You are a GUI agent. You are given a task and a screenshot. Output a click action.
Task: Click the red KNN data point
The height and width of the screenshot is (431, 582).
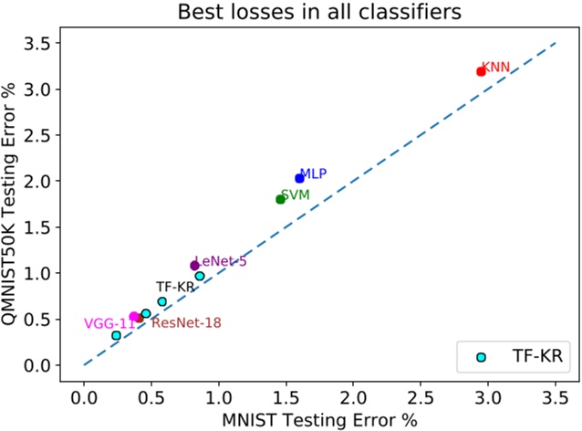click(x=481, y=71)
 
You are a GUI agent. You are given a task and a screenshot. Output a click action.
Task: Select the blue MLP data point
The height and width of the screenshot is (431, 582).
click(x=299, y=178)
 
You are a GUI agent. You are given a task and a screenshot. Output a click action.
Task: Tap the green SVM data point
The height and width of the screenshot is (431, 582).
click(x=280, y=199)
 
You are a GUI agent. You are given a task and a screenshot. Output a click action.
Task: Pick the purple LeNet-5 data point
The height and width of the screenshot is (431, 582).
click(x=194, y=266)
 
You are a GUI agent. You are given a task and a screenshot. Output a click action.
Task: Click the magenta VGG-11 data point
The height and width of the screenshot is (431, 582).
click(x=134, y=316)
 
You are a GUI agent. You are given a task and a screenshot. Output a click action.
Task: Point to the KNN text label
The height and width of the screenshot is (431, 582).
click(x=497, y=67)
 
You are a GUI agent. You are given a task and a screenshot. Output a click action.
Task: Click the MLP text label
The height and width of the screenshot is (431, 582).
click(x=314, y=173)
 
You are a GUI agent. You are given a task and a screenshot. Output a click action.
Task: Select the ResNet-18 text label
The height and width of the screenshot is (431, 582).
click(x=186, y=322)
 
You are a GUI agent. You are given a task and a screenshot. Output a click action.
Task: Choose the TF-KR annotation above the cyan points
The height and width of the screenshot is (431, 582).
click(x=175, y=286)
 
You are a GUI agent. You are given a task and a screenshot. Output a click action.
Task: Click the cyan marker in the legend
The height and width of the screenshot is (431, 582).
click(x=482, y=359)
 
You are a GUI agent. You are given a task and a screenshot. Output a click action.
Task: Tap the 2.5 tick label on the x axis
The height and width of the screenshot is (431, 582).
click(x=421, y=397)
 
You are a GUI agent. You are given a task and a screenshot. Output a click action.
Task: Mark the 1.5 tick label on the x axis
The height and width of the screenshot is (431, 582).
click(x=286, y=397)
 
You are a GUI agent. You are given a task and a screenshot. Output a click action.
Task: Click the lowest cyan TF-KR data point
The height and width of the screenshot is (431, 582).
click(x=116, y=336)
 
